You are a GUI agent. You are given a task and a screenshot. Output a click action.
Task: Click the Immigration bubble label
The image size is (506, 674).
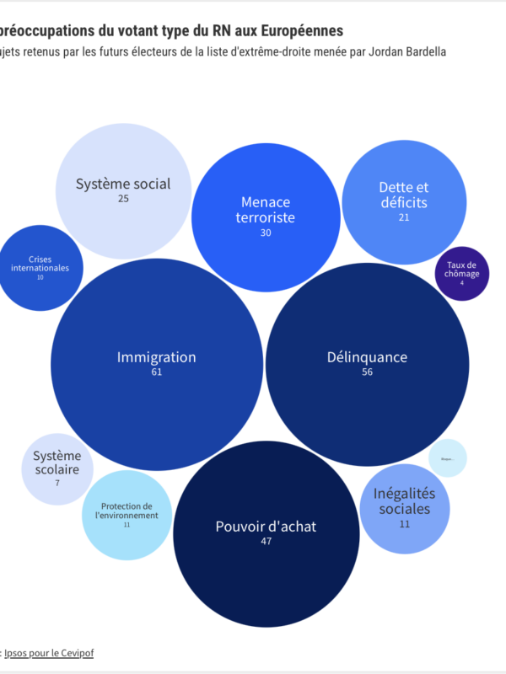[156, 357]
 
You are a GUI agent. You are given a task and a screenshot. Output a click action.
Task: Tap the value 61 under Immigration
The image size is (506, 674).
[156, 372]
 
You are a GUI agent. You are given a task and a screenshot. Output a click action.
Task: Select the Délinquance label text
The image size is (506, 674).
[367, 357]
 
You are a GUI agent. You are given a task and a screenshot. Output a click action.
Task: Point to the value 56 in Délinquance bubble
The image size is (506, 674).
[367, 372]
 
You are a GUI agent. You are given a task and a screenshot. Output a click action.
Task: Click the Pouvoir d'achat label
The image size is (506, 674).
[266, 527]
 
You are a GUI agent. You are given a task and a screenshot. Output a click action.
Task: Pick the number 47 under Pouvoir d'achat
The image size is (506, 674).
[266, 542]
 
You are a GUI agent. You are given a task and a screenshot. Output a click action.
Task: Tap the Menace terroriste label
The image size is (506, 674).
[266, 210]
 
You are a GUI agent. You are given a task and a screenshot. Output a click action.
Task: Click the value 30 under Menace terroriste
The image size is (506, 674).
[266, 233]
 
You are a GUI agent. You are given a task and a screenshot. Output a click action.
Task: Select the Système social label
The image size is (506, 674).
[123, 184]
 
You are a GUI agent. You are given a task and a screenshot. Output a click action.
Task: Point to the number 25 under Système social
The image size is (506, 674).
[123, 199]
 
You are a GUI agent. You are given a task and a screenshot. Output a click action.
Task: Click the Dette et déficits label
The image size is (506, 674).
[403, 195]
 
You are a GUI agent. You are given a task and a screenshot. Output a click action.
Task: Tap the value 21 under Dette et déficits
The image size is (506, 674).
[404, 217]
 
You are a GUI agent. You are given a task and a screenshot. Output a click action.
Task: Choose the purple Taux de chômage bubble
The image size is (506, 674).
[462, 274]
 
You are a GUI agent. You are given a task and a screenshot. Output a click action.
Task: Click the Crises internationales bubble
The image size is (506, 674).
[40, 268]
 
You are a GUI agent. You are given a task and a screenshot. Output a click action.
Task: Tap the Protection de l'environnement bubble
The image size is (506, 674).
[126, 515]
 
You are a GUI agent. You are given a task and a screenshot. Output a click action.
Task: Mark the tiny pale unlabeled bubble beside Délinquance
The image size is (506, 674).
[448, 458]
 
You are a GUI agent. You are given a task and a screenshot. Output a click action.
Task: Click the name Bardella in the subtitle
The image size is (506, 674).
[421, 52]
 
